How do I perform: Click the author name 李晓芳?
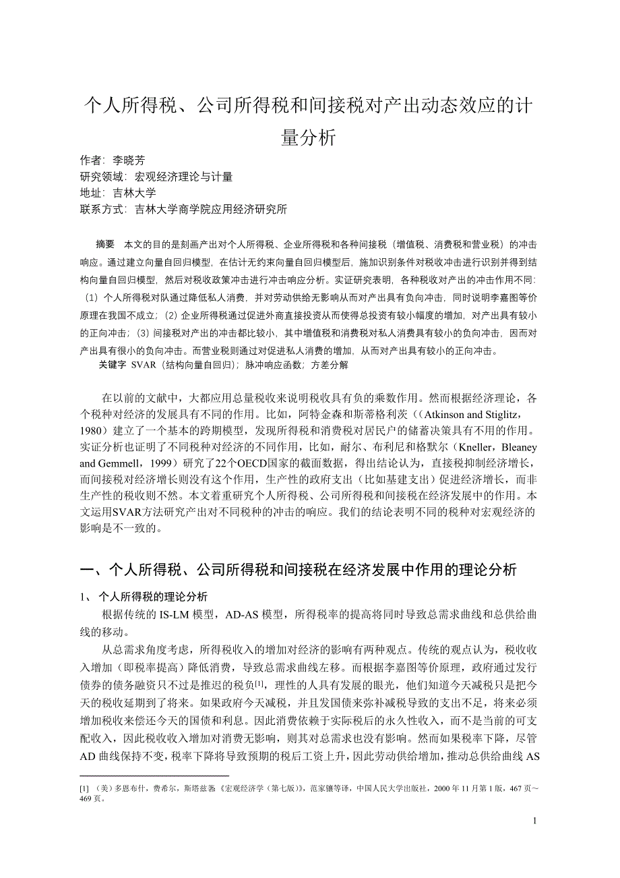[129, 160]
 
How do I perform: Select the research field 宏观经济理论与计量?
[183, 177]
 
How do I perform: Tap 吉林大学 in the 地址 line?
[134, 193]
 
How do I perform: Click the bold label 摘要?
[106, 245]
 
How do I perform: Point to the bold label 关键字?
[112, 364]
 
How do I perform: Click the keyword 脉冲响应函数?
[276, 364]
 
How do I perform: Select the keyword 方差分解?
[330, 364]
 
